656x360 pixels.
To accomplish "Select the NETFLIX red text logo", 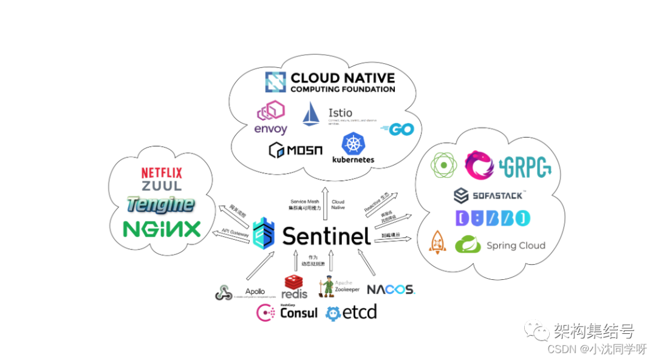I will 162,174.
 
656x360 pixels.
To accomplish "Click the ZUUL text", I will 162,187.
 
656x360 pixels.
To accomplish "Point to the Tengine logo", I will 162,205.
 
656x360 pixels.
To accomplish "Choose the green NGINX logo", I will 162,229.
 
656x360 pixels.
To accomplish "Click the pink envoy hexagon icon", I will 271,112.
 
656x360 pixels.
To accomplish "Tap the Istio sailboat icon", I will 311,114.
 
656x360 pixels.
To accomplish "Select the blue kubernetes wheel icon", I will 353,144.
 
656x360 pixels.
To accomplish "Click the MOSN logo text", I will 296,150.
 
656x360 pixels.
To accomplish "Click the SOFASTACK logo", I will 490,195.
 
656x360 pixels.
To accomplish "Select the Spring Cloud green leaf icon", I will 468,244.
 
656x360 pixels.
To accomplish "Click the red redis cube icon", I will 295,282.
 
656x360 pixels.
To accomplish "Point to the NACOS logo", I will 391,290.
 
